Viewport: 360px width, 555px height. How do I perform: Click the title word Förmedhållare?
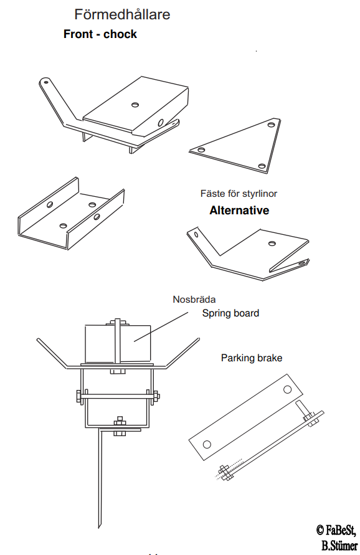[x=122, y=14]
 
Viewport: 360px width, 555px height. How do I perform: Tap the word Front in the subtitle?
[x=78, y=34]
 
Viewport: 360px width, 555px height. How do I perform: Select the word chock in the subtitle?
[x=120, y=34]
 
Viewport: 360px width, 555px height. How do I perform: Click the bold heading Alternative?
[x=239, y=211]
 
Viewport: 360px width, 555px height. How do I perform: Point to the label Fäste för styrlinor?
[x=239, y=194]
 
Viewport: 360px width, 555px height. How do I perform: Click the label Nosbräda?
[x=194, y=300]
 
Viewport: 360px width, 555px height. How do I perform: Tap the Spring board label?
[x=230, y=313]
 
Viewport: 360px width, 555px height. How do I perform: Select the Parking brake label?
[x=252, y=358]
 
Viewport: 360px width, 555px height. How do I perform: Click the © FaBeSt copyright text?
[x=336, y=530]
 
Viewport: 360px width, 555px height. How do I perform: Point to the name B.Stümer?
[x=339, y=545]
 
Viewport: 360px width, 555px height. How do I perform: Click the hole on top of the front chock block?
[x=135, y=105]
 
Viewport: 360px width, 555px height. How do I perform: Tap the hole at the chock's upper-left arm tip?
[x=45, y=83]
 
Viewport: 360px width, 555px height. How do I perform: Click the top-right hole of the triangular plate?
[x=271, y=125]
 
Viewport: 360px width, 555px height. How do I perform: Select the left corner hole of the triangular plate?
[x=201, y=150]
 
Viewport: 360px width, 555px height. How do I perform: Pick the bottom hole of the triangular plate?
[x=262, y=166]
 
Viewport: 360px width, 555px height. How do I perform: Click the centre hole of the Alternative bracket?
[x=272, y=243]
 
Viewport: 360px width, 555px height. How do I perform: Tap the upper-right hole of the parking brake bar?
[x=287, y=390]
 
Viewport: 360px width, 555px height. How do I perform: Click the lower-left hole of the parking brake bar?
[x=207, y=444]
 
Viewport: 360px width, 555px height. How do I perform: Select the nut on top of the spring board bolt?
[x=118, y=323]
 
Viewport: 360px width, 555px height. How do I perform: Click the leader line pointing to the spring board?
[x=161, y=327]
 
